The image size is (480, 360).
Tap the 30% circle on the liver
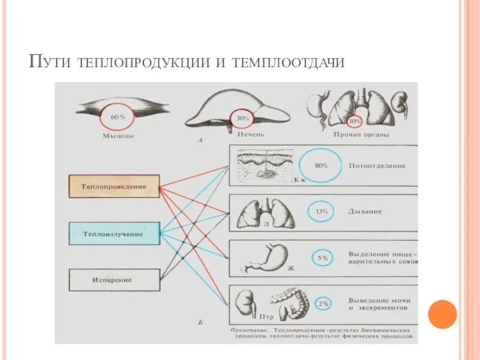[242, 118]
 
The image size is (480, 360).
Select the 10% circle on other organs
[355, 121]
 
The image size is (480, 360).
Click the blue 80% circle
[320, 166]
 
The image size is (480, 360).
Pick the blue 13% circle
[321, 211]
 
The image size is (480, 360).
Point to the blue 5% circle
[323, 258]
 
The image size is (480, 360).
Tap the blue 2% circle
[323, 304]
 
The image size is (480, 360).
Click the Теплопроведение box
[114, 187]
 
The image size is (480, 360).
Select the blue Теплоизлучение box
[114, 233]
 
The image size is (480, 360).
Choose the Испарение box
[114, 280]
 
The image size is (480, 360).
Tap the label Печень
[251, 134]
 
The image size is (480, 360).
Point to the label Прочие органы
[361, 134]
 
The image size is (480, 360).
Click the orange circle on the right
[443, 314]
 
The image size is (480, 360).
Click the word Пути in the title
[50, 61]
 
